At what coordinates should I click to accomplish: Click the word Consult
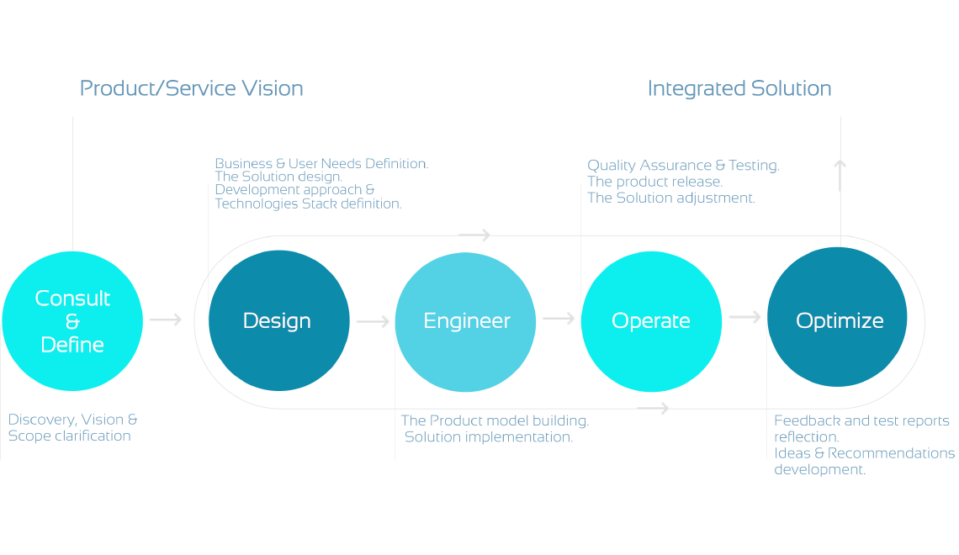pyautogui.click(x=72, y=299)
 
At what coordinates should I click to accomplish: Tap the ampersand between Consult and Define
pyautogui.click(x=72, y=321)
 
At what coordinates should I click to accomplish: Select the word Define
pyautogui.click(x=72, y=344)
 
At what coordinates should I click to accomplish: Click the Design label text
pyautogui.click(x=277, y=320)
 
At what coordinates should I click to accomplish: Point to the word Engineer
pyautogui.click(x=467, y=320)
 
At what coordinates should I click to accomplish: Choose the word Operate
pyautogui.click(x=651, y=320)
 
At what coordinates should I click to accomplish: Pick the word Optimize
pyautogui.click(x=840, y=320)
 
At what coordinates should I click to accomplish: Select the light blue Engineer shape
pyautogui.click(x=471, y=362)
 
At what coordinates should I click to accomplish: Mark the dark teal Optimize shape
pyautogui.click(x=841, y=362)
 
